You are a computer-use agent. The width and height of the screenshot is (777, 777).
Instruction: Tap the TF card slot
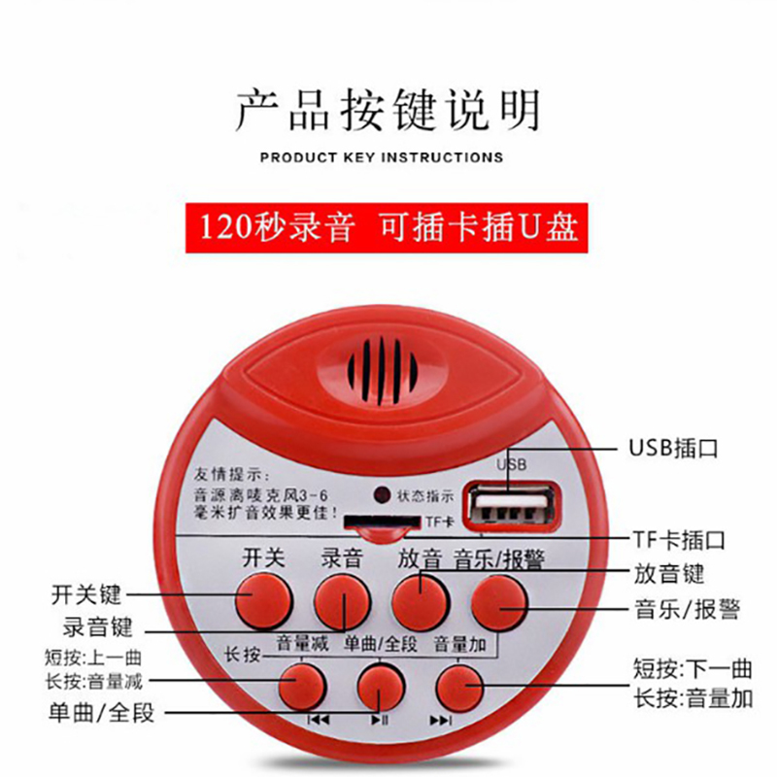382,521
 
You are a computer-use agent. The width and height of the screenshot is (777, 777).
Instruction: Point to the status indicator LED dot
382,494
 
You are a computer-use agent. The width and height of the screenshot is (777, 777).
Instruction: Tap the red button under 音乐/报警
498,601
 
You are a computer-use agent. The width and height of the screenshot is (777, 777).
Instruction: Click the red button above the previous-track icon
302,687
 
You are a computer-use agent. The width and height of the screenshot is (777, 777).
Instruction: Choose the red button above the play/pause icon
381,687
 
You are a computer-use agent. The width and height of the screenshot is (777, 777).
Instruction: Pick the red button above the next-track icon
459,688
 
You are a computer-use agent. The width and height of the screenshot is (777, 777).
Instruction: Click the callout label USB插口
673,448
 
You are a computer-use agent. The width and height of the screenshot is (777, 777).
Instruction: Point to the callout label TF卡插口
679,539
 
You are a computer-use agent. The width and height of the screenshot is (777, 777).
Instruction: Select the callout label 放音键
669,574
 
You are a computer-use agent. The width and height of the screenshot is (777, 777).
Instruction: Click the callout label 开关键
86,594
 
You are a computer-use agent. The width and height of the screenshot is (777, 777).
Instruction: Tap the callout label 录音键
98,626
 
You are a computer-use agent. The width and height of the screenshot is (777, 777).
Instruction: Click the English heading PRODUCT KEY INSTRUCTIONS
382,157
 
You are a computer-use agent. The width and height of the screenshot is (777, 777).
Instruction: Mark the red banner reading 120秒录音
387,228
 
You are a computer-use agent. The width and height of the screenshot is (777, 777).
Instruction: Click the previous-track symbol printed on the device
319,719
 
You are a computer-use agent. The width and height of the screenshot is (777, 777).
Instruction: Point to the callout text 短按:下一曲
693,669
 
